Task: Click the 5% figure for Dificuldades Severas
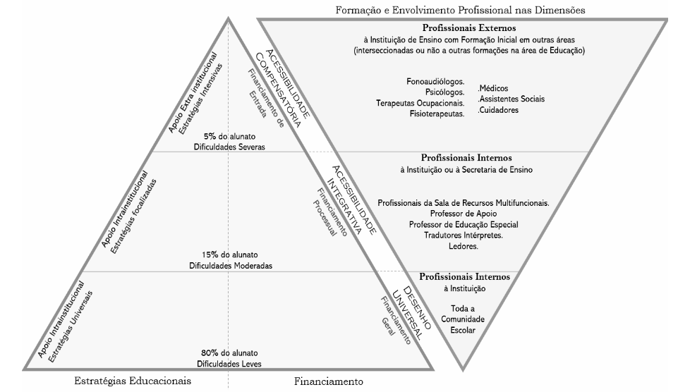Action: (x=210, y=136)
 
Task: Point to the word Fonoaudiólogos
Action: (x=435, y=81)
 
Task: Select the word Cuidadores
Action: (x=499, y=110)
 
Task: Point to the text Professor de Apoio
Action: (x=463, y=213)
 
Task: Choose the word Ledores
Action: (x=463, y=247)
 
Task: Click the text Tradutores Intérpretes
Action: (x=463, y=235)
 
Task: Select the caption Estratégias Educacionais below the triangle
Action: (x=133, y=381)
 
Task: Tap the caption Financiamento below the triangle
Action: (x=328, y=381)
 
